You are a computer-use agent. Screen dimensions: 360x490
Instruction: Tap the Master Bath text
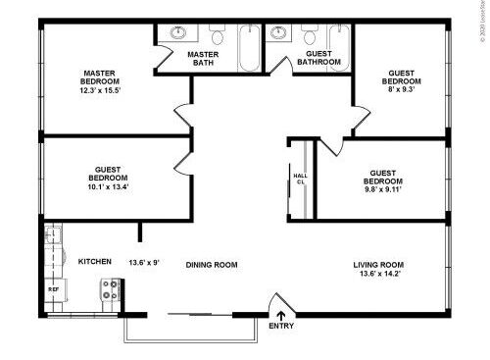pos(203,59)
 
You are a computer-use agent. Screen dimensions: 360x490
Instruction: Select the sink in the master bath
pos(177,32)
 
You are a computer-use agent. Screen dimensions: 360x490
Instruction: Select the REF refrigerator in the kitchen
pos(53,290)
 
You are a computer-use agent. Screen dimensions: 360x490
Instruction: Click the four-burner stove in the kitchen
pos(109,290)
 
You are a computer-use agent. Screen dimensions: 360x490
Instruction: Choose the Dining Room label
pos(212,265)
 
